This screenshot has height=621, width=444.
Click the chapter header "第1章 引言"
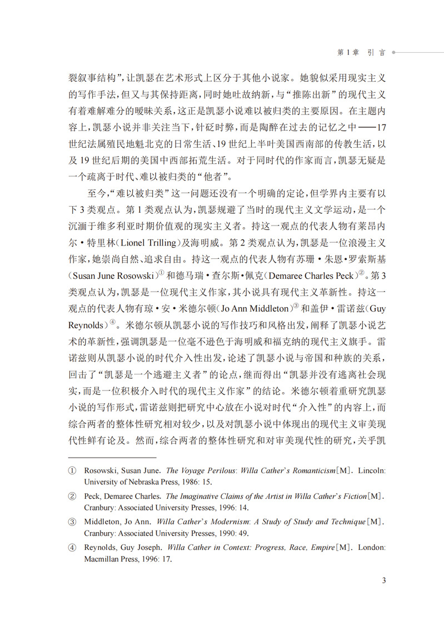[x=361, y=52]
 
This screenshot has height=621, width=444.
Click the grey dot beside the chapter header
[x=393, y=52]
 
